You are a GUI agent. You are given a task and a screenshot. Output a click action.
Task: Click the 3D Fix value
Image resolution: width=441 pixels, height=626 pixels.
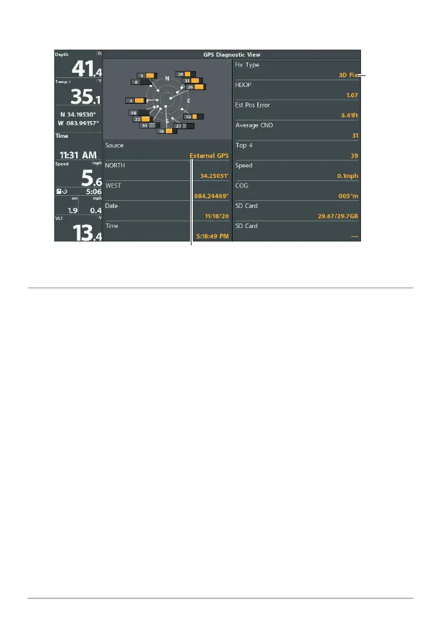[349, 75]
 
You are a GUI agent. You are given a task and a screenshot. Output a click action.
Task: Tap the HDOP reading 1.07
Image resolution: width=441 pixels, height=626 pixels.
[351, 95]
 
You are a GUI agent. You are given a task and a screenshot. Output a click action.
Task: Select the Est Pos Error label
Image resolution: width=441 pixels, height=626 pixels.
[252, 105]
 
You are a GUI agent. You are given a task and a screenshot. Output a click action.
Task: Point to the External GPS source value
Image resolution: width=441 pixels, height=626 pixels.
[209, 156]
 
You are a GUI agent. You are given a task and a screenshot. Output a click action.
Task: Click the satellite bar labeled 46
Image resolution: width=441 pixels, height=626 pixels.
[137, 113]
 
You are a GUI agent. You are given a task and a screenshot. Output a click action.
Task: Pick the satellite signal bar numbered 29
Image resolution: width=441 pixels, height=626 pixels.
[186, 74]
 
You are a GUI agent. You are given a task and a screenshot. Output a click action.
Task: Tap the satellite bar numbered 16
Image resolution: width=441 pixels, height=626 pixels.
[167, 131]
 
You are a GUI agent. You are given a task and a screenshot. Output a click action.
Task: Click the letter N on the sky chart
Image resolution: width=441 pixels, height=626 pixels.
[167, 79]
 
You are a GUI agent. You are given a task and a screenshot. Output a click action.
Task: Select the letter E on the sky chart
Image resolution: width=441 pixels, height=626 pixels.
[188, 101]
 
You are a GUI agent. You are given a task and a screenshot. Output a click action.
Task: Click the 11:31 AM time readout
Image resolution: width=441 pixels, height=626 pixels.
[77, 155]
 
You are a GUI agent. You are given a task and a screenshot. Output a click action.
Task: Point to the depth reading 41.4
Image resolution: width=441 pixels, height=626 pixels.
[78, 69]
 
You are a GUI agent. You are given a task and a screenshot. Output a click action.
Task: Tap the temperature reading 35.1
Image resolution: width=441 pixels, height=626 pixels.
[78, 97]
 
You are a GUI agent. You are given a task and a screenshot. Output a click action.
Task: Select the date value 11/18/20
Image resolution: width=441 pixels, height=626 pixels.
[217, 216]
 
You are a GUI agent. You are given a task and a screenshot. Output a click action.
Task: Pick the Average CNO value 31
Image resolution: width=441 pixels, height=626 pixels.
[355, 135]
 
